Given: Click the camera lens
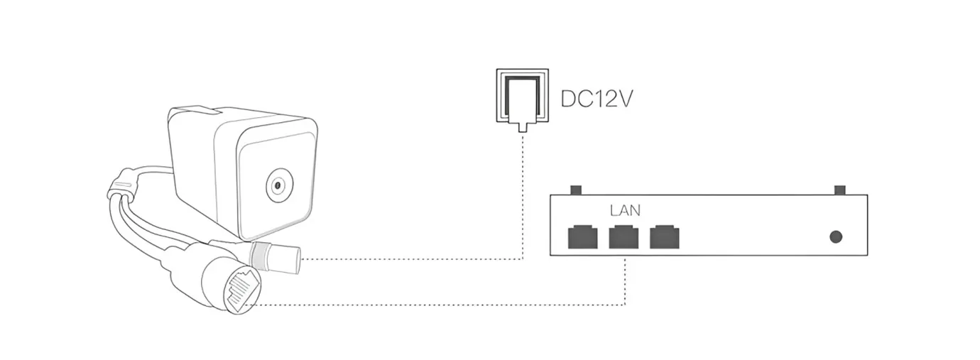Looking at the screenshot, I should (x=278, y=187).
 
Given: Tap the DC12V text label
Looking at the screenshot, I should (x=596, y=98).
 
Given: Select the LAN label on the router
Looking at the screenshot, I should (x=625, y=210).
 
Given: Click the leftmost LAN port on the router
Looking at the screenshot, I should (x=582, y=236).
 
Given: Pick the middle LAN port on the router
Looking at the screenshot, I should (x=624, y=236).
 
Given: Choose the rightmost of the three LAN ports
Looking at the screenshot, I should (x=665, y=236).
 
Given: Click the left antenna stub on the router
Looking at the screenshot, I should (x=577, y=190).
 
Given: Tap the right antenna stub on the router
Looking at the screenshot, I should (x=840, y=190).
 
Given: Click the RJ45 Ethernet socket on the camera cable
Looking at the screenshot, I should (x=241, y=290).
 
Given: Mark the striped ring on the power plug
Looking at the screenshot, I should (x=263, y=254).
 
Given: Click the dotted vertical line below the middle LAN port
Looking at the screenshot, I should (x=624, y=280).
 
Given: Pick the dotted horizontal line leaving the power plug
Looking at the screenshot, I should (x=412, y=259).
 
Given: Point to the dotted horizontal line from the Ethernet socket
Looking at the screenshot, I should (x=440, y=305).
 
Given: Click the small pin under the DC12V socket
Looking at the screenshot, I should (x=523, y=128).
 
